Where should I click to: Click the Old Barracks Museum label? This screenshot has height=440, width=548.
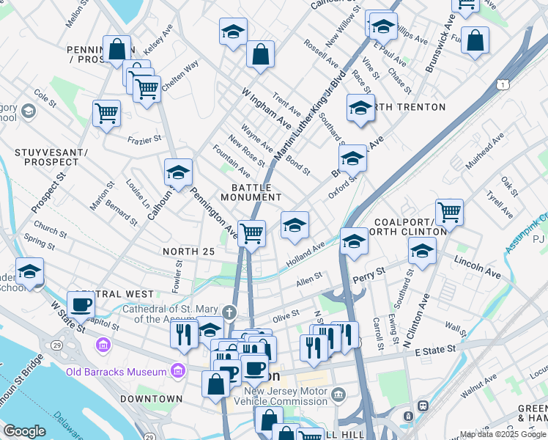(116, 372)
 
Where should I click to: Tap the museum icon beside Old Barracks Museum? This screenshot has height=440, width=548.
(177, 372)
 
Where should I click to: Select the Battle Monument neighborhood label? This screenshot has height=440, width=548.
(251, 192)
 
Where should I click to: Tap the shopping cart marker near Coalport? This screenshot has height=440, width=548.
(449, 213)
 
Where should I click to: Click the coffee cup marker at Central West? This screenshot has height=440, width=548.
(81, 304)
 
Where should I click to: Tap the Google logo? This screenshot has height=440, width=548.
(24, 431)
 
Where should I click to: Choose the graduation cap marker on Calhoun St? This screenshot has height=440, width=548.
(178, 173)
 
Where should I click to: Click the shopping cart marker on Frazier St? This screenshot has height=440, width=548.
(106, 114)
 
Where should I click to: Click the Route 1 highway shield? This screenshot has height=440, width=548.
(502, 85)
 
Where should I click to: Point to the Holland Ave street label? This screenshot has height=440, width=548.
(305, 257)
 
